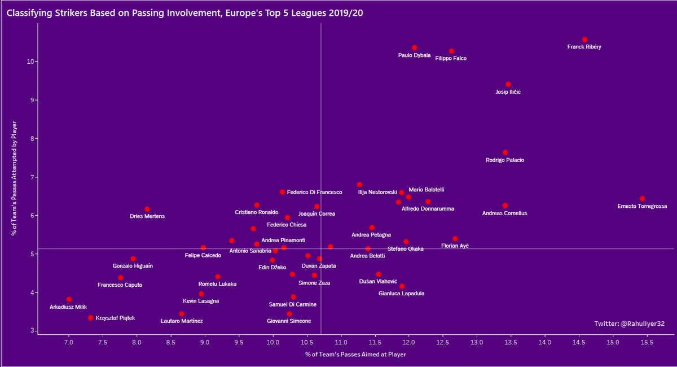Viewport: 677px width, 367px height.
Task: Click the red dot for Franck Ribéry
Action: pos(584,40)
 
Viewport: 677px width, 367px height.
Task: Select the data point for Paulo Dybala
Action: pos(415,48)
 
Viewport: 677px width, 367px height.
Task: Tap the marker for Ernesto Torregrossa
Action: pos(642,199)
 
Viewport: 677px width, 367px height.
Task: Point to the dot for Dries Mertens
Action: pos(147,209)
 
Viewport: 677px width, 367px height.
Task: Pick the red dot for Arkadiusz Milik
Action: pos(69,299)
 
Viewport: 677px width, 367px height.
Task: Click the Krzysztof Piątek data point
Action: pos(91,318)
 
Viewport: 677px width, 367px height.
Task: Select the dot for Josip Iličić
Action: pos(508,84)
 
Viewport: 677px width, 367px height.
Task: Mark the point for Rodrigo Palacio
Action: pos(505,152)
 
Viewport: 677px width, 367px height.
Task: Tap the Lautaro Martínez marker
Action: pos(182,314)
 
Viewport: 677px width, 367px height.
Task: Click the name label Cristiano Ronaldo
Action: pos(256,212)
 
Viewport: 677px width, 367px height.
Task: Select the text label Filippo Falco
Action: pos(451,58)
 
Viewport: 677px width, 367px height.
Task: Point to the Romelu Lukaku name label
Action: pos(217,283)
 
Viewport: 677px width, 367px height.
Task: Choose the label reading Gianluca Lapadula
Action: pos(402,294)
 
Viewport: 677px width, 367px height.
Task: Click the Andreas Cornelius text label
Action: pos(504,213)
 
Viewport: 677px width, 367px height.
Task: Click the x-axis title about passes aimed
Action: pos(355,355)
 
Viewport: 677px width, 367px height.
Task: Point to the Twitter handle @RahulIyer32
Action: pos(629,324)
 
